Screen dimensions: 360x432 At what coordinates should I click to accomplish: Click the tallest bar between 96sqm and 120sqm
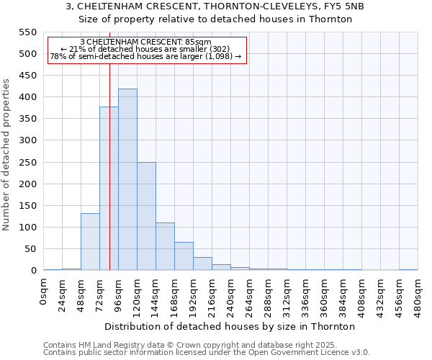(x=127, y=180)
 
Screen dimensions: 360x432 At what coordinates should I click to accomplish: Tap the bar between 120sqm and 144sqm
(x=146, y=216)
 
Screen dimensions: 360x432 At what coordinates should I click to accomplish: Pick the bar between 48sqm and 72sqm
(x=90, y=242)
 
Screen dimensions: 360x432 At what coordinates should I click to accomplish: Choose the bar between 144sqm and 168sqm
(x=165, y=246)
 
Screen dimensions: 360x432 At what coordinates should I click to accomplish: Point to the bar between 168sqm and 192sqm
(x=184, y=256)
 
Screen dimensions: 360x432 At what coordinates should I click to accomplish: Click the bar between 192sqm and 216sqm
(x=202, y=264)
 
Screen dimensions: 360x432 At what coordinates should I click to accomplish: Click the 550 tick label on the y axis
(x=27, y=32)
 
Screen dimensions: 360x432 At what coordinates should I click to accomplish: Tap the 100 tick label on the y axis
(x=27, y=228)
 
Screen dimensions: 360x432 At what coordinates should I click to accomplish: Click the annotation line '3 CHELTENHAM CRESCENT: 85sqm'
(x=146, y=42)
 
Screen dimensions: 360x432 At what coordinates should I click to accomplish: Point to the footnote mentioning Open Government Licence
(x=207, y=352)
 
